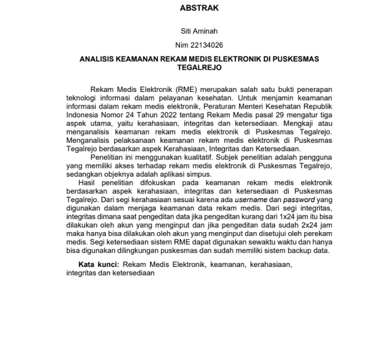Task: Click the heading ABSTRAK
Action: click(199, 8)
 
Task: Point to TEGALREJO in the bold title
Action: click(199, 68)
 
